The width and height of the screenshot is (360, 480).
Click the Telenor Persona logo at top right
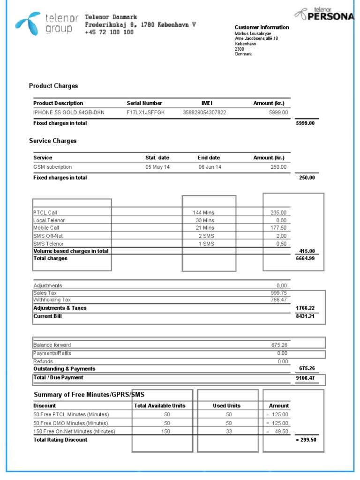pyautogui.click(x=325, y=15)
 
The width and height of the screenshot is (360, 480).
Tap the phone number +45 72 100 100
pyautogui.click(x=109, y=32)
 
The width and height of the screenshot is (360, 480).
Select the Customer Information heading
pyautogui.click(x=262, y=27)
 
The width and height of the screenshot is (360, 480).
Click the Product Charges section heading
pyautogui.click(x=53, y=86)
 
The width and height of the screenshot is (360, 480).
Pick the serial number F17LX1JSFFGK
pyautogui.click(x=146, y=112)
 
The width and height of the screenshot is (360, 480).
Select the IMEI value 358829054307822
pyautogui.click(x=204, y=112)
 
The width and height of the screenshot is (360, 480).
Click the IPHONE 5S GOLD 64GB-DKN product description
pyautogui.click(x=69, y=112)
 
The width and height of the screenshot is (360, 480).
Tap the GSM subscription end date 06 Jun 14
pyautogui.click(x=210, y=167)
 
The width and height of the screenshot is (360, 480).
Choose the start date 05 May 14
pyautogui.click(x=157, y=167)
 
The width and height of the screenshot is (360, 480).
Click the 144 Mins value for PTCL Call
pyautogui.click(x=203, y=212)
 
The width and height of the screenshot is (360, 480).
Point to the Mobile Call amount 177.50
pyautogui.click(x=278, y=228)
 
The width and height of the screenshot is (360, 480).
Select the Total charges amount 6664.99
pyautogui.click(x=305, y=259)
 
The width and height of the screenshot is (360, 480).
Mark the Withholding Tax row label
pyautogui.click(x=52, y=300)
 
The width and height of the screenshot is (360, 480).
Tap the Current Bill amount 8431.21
pyautogui.click(x=305, y=316)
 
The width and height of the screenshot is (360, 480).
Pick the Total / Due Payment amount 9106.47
pyautogui.click(x=305, y=378)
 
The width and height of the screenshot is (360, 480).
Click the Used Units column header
pyautogui.click(x=227, y=405)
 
